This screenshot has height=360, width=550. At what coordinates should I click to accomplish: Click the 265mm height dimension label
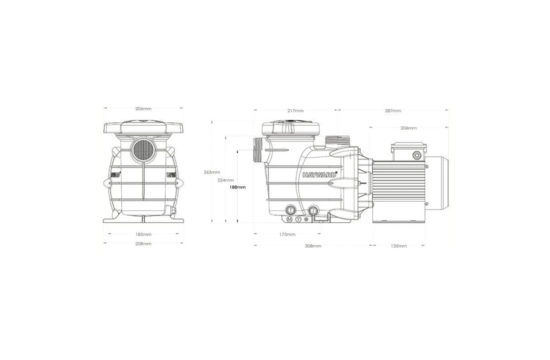[x=212, y=172]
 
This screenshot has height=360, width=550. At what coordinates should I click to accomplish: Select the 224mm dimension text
[x=225, y=180]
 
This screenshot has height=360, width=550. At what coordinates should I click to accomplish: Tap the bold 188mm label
[x=237, y=187]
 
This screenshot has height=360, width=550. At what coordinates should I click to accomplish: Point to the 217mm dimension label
[x=295, y=110]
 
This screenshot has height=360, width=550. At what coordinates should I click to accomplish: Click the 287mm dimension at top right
[x=392, y=110]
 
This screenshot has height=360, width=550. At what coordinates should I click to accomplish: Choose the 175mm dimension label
[x=287, y=234]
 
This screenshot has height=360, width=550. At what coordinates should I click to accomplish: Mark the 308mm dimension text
[x=313, y=246]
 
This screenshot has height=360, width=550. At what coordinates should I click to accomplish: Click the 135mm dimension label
[x=398, y=246]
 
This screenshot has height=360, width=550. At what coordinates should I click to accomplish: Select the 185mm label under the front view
[x=143, y=234]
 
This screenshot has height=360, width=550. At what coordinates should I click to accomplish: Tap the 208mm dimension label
[x=143, y=243]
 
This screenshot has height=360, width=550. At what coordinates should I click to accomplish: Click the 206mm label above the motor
[x=408, y=128]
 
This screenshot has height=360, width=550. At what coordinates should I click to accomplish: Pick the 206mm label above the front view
[x=143, y=108]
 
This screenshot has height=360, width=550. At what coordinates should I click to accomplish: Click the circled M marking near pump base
[x=289, y=219]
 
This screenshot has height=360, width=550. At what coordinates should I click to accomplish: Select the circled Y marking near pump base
[x=298, y=219]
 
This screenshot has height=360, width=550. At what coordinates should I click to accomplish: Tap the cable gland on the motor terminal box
[x=416, y=156]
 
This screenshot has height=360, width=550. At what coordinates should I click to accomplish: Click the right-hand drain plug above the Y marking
[x=313, y=210]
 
